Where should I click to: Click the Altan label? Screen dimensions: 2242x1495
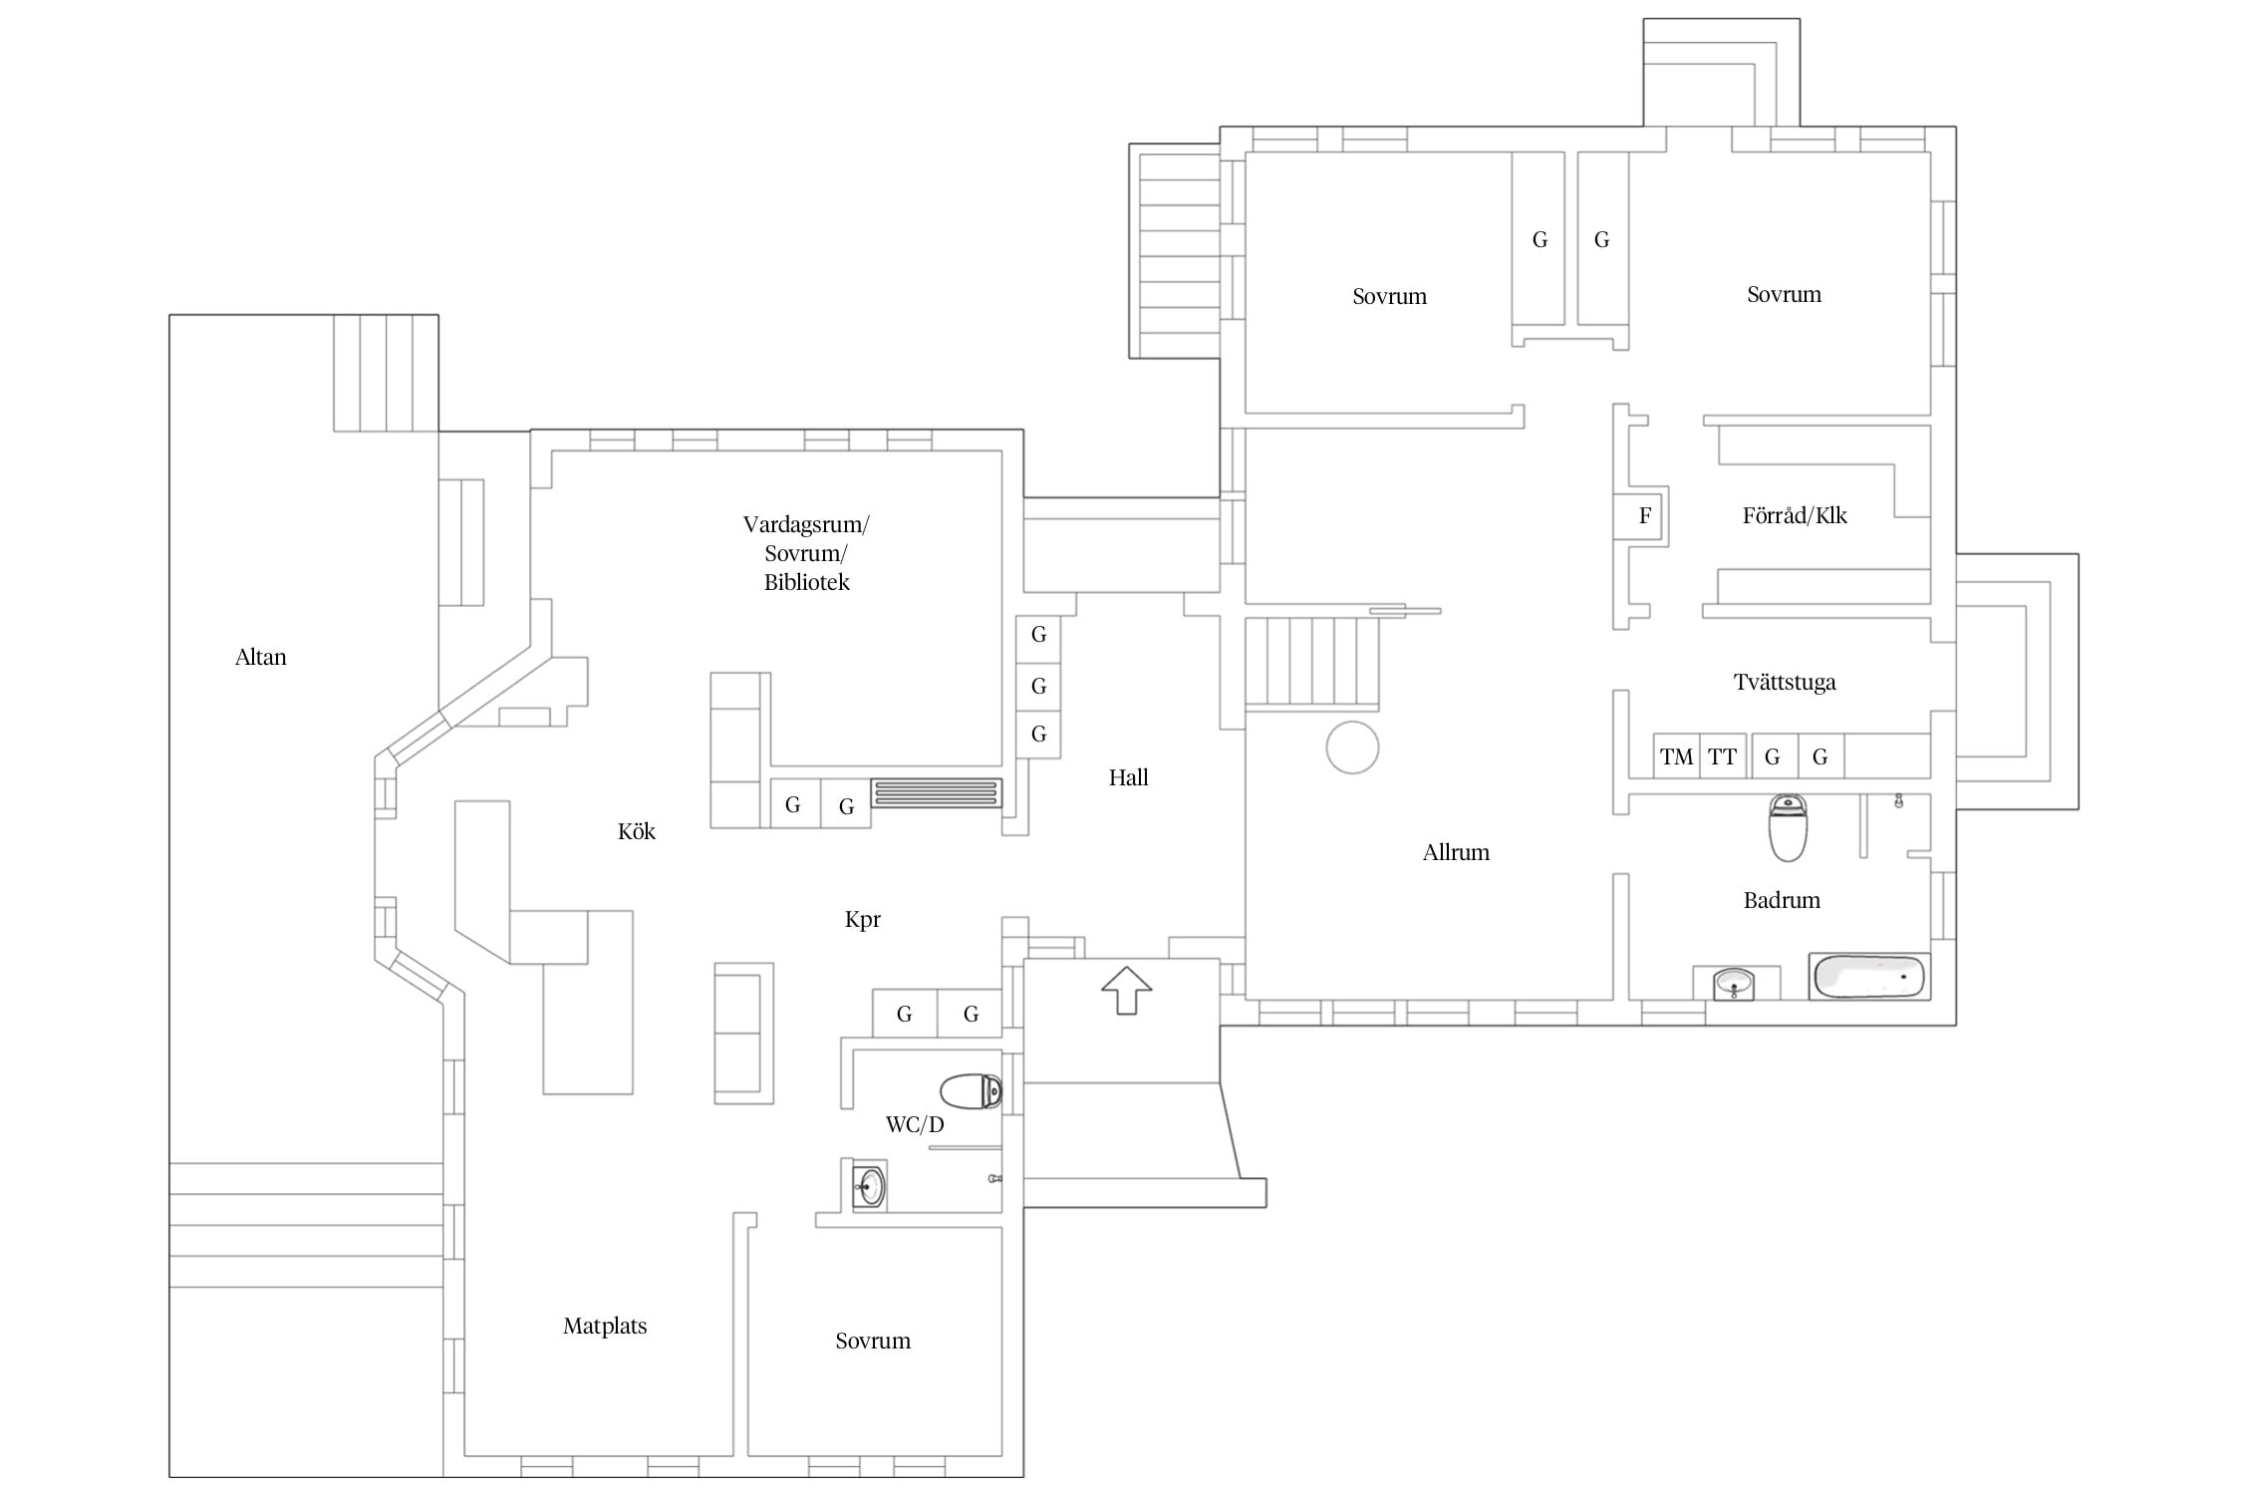tap(260, 657)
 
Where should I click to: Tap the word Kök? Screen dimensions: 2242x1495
tap(637, 831)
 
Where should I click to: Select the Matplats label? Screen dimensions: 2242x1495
tap(605, 1327)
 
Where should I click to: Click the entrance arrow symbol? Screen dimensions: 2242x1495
tap(1127, 991)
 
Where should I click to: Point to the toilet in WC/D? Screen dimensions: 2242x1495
tap(972, 1091)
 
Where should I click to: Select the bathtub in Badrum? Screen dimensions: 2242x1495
tap(1868, 977)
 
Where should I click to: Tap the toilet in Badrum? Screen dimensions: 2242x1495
tap(1788, 827)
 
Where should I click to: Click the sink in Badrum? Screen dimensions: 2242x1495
tap(1734, 984)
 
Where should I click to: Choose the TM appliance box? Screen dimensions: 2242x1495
tap(1677, 756)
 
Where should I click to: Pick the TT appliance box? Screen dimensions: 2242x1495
tap(1723, 756)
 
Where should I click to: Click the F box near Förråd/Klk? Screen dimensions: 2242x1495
tap(1640, 516)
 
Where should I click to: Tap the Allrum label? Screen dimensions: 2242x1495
tap(1456, 852)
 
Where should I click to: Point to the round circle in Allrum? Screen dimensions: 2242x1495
tap(1352, 722)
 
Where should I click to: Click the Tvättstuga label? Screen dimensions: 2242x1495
tap(1785, 683)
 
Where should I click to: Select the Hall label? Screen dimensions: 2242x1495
tap(1128, 777)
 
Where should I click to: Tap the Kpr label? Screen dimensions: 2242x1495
tap(863, 920)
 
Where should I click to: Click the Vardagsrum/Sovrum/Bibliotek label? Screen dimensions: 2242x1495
tap(806, 553)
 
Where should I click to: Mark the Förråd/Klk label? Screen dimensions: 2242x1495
tap(1795, 515)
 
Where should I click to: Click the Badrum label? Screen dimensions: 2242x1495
tap(1782, 900)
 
